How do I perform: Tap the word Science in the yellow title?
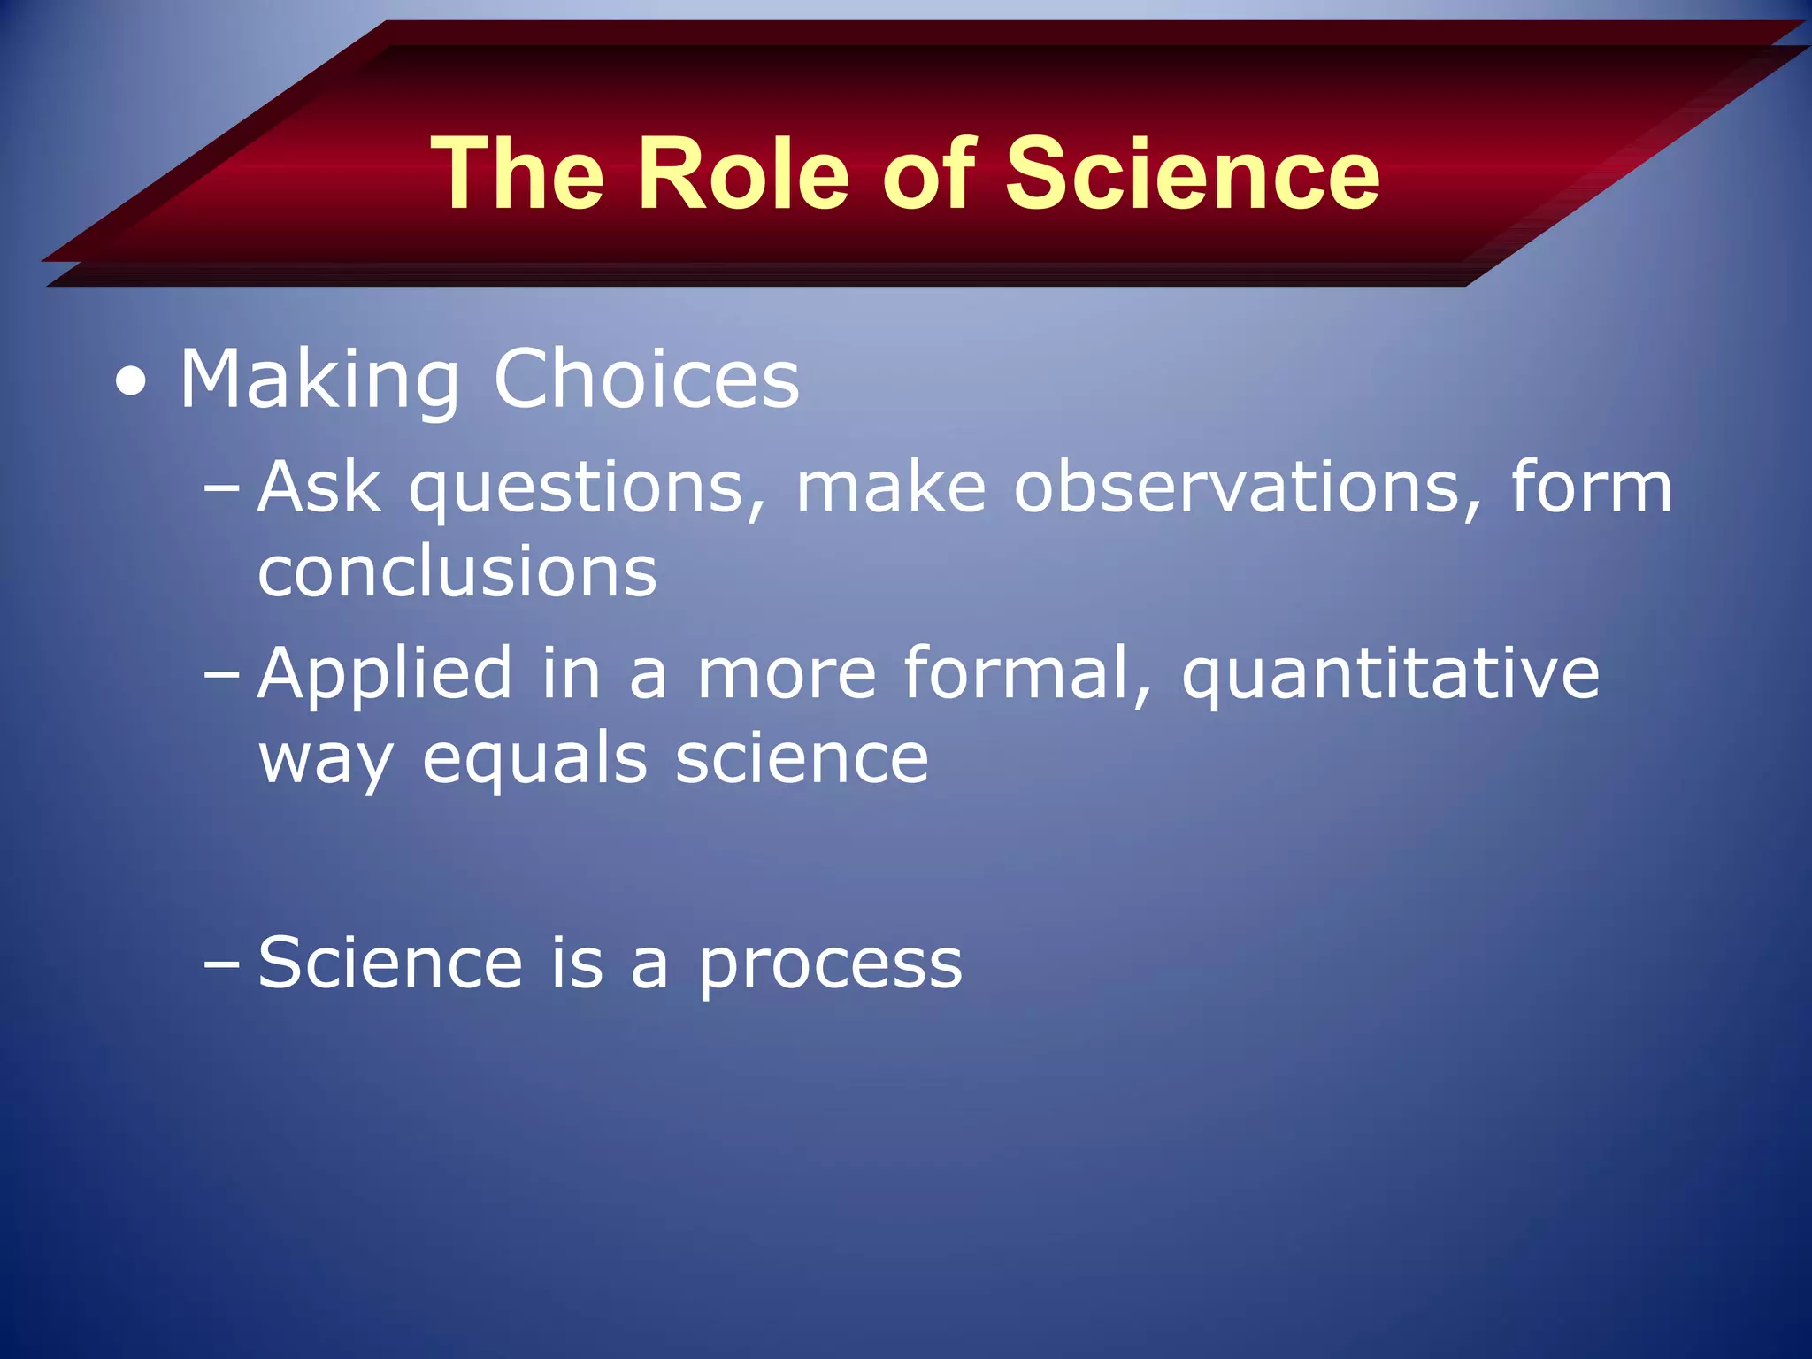pyautogui.click(x=1192, y=174)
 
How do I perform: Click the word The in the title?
pyautogui.click(x=518, y=174)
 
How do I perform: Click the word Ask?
pyautogui.click(x=319, y=488)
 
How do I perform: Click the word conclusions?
pyautogui.click(x=457, y=572)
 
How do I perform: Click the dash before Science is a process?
pyautogui.click(x=221, y=964)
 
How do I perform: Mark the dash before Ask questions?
pyautogui.click(x=221, y=488)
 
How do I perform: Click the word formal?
pyautogui.click(x=1026, y=672)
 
